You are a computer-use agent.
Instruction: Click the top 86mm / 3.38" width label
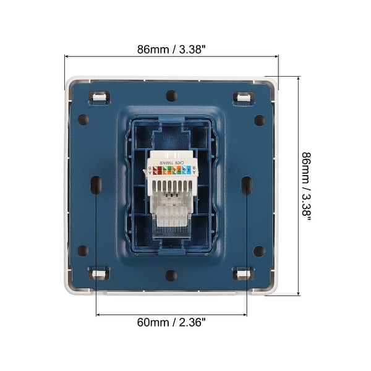171,49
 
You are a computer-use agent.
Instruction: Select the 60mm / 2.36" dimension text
171,322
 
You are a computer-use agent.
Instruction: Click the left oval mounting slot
96,184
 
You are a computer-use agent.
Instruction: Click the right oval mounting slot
246,184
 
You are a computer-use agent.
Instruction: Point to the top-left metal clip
98,97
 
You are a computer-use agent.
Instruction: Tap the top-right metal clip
244,97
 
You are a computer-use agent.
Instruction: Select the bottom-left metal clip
98,273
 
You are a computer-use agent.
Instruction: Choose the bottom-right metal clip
244,273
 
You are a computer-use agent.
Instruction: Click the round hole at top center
171,96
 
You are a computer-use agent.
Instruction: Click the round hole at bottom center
171,275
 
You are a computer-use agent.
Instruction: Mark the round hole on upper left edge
83,119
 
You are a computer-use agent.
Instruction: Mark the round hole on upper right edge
259,119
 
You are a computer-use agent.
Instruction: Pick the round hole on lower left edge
83,250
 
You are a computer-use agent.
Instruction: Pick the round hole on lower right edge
259,250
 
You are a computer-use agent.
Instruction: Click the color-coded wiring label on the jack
171,168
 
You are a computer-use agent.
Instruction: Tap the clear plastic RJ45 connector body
171,210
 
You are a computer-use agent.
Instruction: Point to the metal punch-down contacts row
171,185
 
